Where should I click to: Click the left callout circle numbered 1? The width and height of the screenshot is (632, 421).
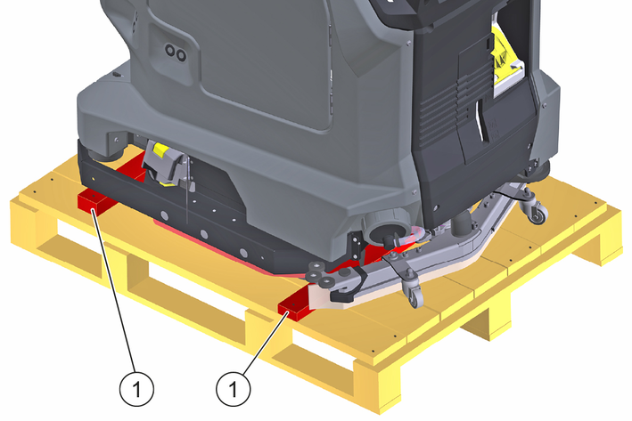(136, 389)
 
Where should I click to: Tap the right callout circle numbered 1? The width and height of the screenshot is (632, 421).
(233, 389)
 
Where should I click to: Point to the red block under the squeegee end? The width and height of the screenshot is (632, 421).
(293, 308)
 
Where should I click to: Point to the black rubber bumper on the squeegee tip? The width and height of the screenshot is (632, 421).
(347, 287)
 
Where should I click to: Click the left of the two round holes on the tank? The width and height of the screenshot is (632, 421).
(170, 51)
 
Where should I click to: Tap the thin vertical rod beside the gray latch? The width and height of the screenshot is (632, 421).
(187, 190)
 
